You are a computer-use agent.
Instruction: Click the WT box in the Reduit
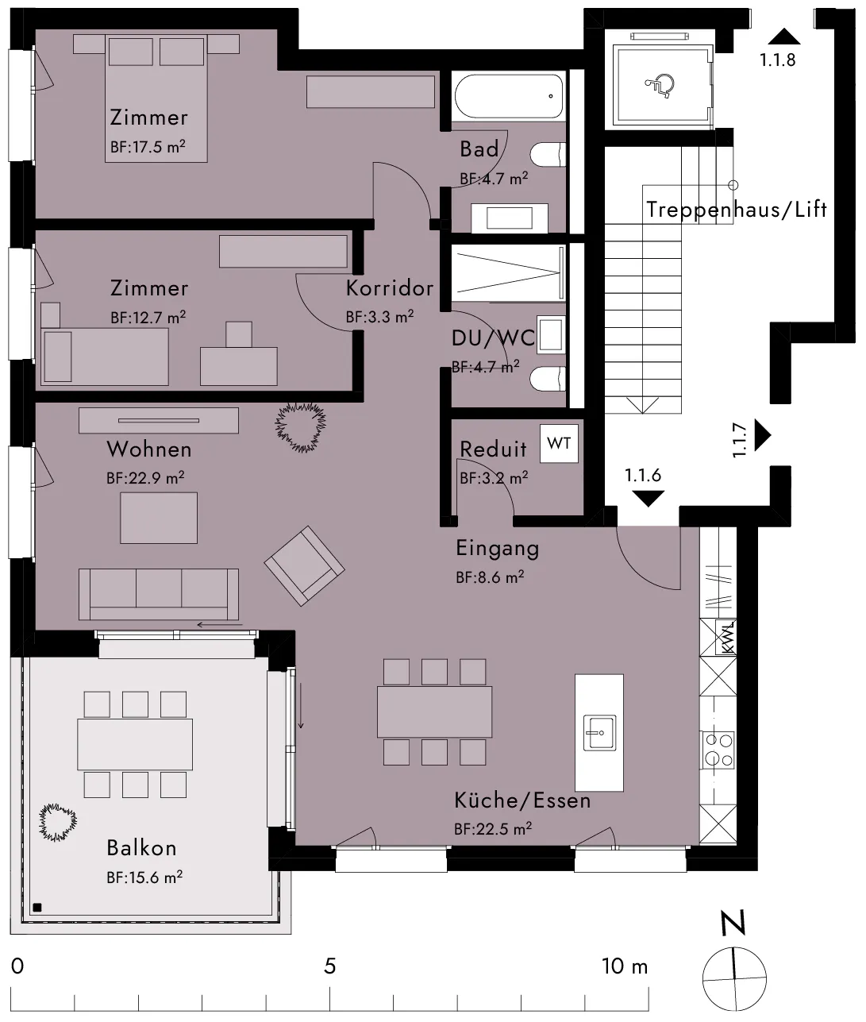coord(559,444)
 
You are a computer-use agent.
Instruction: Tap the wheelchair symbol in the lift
coord(660,84)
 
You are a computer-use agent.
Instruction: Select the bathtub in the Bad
coord(509,96)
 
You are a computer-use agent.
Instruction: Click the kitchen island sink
coord(599,732)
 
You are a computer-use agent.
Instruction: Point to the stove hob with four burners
coord(718,750)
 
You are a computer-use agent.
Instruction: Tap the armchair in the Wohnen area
coord(305,565)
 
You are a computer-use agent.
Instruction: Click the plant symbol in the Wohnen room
coord(301,427)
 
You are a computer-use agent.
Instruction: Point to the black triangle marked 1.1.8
coord(784,37)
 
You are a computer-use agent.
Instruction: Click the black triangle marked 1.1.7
coord(762,436)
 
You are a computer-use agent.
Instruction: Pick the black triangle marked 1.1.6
coord(648,499)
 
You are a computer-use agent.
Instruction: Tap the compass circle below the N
coord(734,978)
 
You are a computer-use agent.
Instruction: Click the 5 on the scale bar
coord(329,966)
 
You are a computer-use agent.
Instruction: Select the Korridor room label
coord(390,288)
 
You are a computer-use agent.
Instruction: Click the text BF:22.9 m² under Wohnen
coord(145,477)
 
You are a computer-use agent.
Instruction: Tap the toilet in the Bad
coord(548,155)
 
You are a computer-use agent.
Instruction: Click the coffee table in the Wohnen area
coord(159,518)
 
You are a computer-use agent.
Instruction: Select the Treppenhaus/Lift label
coord(737,210)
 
